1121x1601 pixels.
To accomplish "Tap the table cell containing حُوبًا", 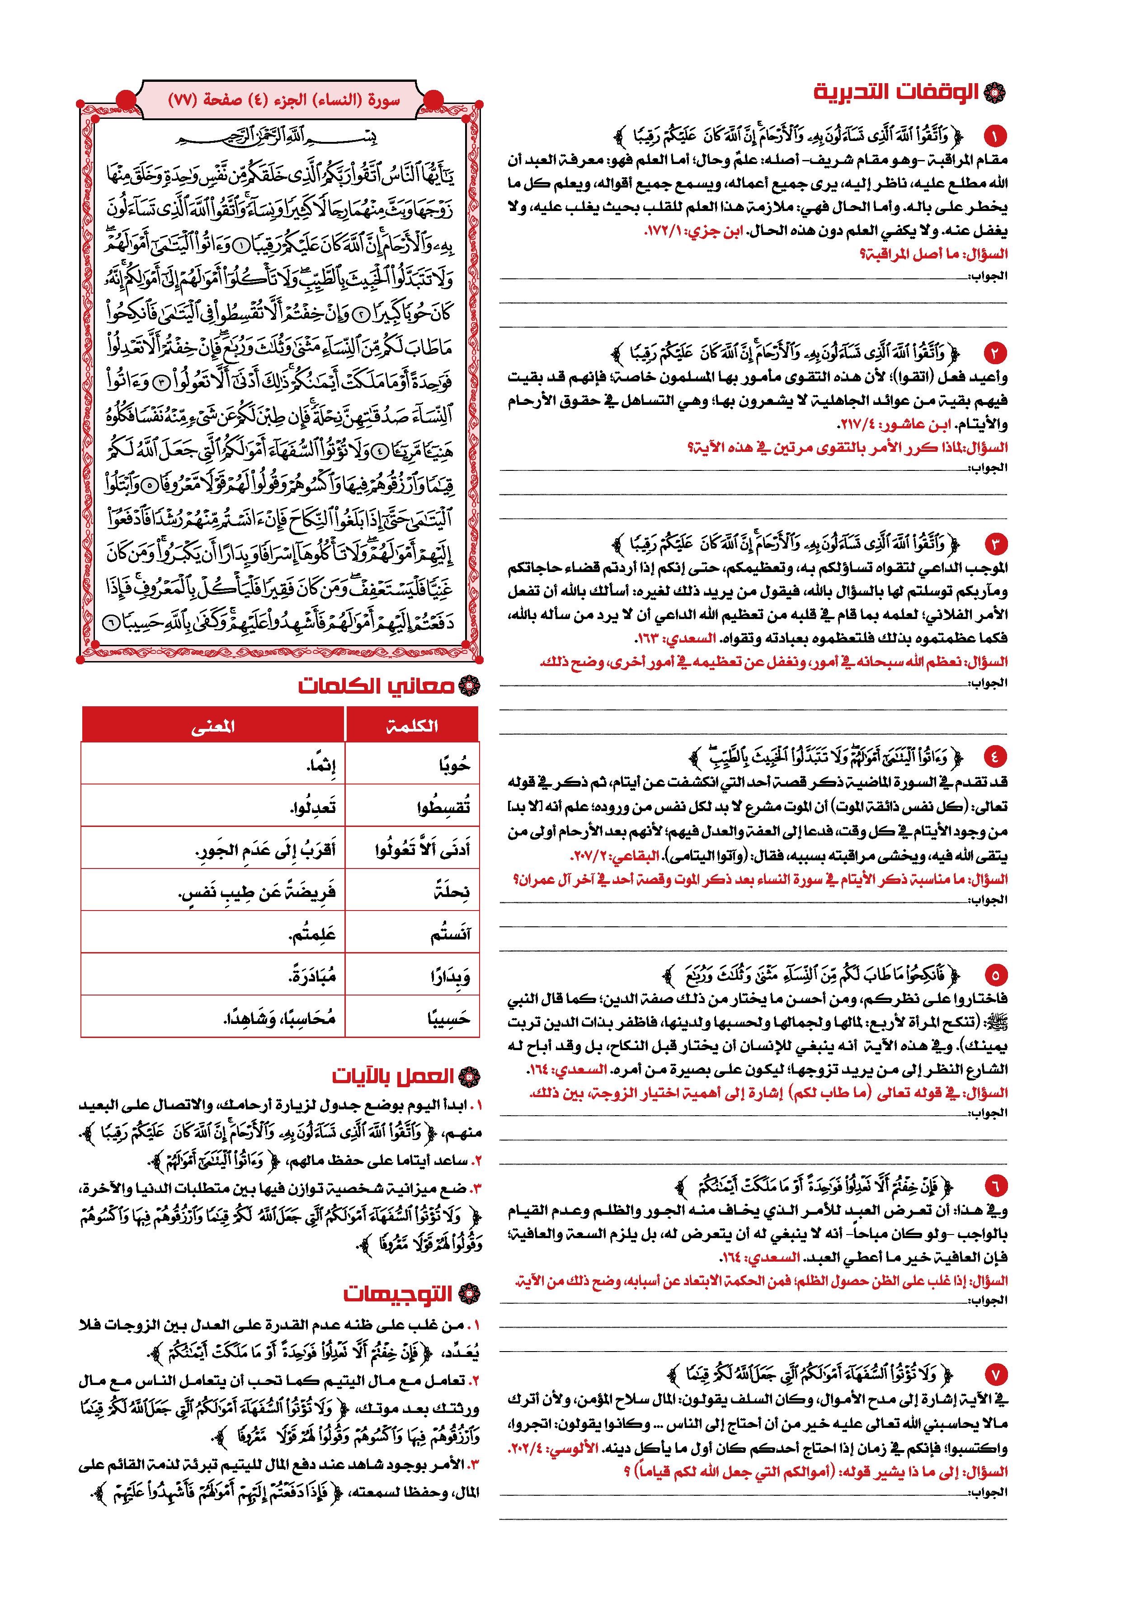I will (412, 765).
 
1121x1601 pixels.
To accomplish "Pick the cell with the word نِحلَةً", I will (412, 891).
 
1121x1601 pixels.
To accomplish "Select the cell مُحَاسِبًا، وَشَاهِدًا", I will (213, 1017).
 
